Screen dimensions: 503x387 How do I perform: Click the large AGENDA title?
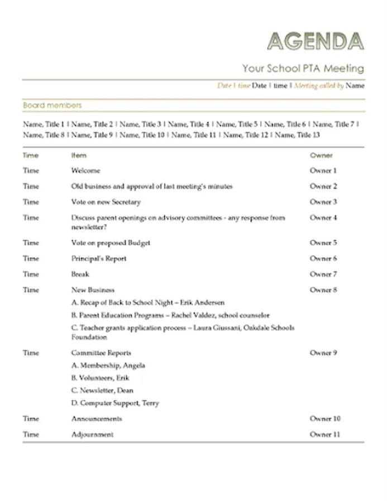(316, 41)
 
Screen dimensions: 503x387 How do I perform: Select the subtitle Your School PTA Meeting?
(303, 69)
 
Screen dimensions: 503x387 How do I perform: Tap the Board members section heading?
(52, 105)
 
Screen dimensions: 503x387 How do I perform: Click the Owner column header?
(321, 155)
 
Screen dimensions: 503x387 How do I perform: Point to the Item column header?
(79, 155)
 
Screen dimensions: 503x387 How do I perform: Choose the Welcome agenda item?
(85, 170)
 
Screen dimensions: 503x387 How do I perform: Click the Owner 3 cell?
(323, 202)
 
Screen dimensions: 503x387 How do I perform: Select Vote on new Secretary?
(106, 202)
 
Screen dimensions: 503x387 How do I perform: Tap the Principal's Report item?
(99, 258)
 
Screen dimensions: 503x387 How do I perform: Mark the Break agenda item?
(80, 274)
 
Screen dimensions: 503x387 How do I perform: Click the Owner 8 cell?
(323, 290)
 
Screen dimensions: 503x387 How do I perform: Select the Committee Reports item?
(101, 353)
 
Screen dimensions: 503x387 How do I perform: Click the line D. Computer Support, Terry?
(115, 403)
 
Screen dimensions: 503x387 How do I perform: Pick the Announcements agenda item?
(96, 419)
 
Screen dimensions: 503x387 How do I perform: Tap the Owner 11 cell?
(325, 434)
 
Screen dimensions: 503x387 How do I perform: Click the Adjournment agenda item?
(92, 434)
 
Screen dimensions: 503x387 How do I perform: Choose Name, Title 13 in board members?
(298, 135)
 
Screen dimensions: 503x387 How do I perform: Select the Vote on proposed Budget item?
(111, 243)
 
